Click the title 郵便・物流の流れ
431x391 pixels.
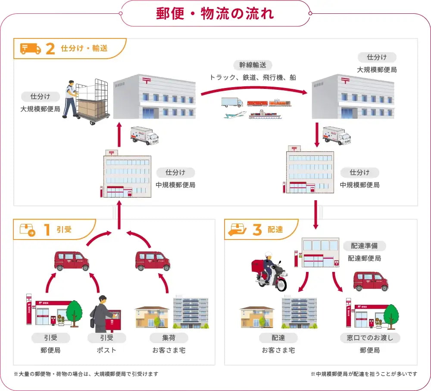tap(215, 13)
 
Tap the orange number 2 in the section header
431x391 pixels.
tap(50, 49)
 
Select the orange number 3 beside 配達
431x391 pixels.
tap(257, 230)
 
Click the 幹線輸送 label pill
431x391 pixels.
tap(253, 65)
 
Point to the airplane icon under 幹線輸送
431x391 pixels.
tap(235, 115)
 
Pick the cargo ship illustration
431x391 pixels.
tap(265, 114)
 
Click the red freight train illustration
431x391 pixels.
tap(269, 103)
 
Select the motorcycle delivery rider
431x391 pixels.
tap(269, 271)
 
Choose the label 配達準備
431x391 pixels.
tap(364, 246)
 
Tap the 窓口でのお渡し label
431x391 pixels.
tap(370, 337)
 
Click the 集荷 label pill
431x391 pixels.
tap(169, 337)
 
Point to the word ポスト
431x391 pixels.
tap(106, 350)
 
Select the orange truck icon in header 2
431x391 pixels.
tap(30, 49)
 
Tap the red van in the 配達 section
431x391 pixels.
tap(371, 281)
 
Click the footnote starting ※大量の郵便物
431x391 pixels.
tap(86, 374)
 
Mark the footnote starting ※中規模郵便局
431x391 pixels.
tap(364, 374)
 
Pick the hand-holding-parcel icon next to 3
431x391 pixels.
tap(237, 230)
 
